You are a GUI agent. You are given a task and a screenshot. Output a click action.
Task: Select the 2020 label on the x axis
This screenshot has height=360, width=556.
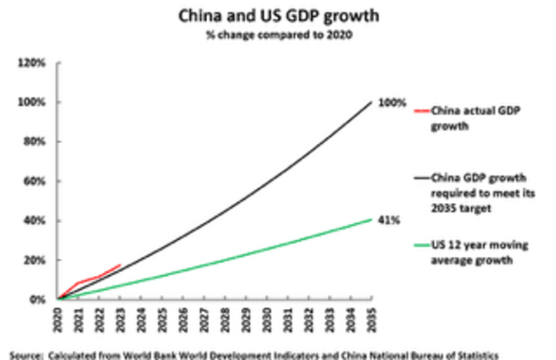point(58,318)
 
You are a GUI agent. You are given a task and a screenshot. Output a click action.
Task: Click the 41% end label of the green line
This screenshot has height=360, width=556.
point(389,220)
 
